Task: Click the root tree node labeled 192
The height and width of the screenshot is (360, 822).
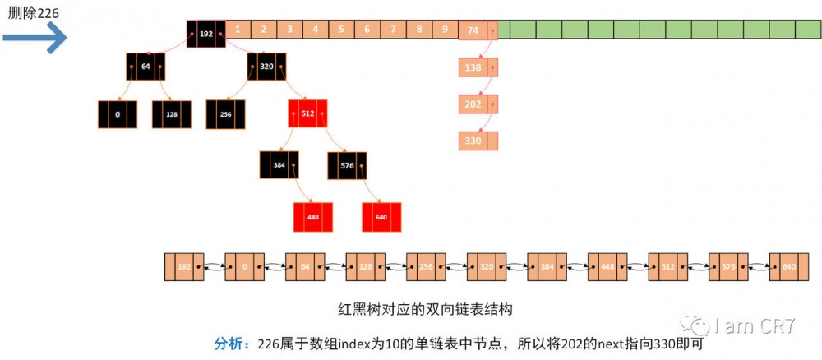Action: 206,34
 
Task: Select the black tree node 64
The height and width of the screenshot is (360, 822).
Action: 145,66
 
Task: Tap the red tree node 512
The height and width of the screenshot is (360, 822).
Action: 307,113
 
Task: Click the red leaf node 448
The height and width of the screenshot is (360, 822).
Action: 313,217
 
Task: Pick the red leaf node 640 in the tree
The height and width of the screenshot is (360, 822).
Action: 381,217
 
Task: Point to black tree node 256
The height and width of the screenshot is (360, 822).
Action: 226,114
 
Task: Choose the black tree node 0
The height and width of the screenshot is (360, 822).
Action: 118,114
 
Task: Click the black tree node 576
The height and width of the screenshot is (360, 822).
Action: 347,165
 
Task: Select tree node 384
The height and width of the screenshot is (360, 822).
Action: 279,165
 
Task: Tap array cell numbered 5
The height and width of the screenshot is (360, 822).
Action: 341,30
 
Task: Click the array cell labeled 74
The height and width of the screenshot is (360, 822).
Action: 473,30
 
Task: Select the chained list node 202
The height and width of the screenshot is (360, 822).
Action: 473,104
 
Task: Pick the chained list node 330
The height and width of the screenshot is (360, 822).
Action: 473,141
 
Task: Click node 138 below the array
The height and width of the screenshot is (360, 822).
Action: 473,68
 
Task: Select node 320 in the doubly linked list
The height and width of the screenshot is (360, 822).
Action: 487,267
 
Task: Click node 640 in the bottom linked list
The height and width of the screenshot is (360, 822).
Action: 789,267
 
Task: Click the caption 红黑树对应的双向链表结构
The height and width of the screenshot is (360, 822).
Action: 426,311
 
